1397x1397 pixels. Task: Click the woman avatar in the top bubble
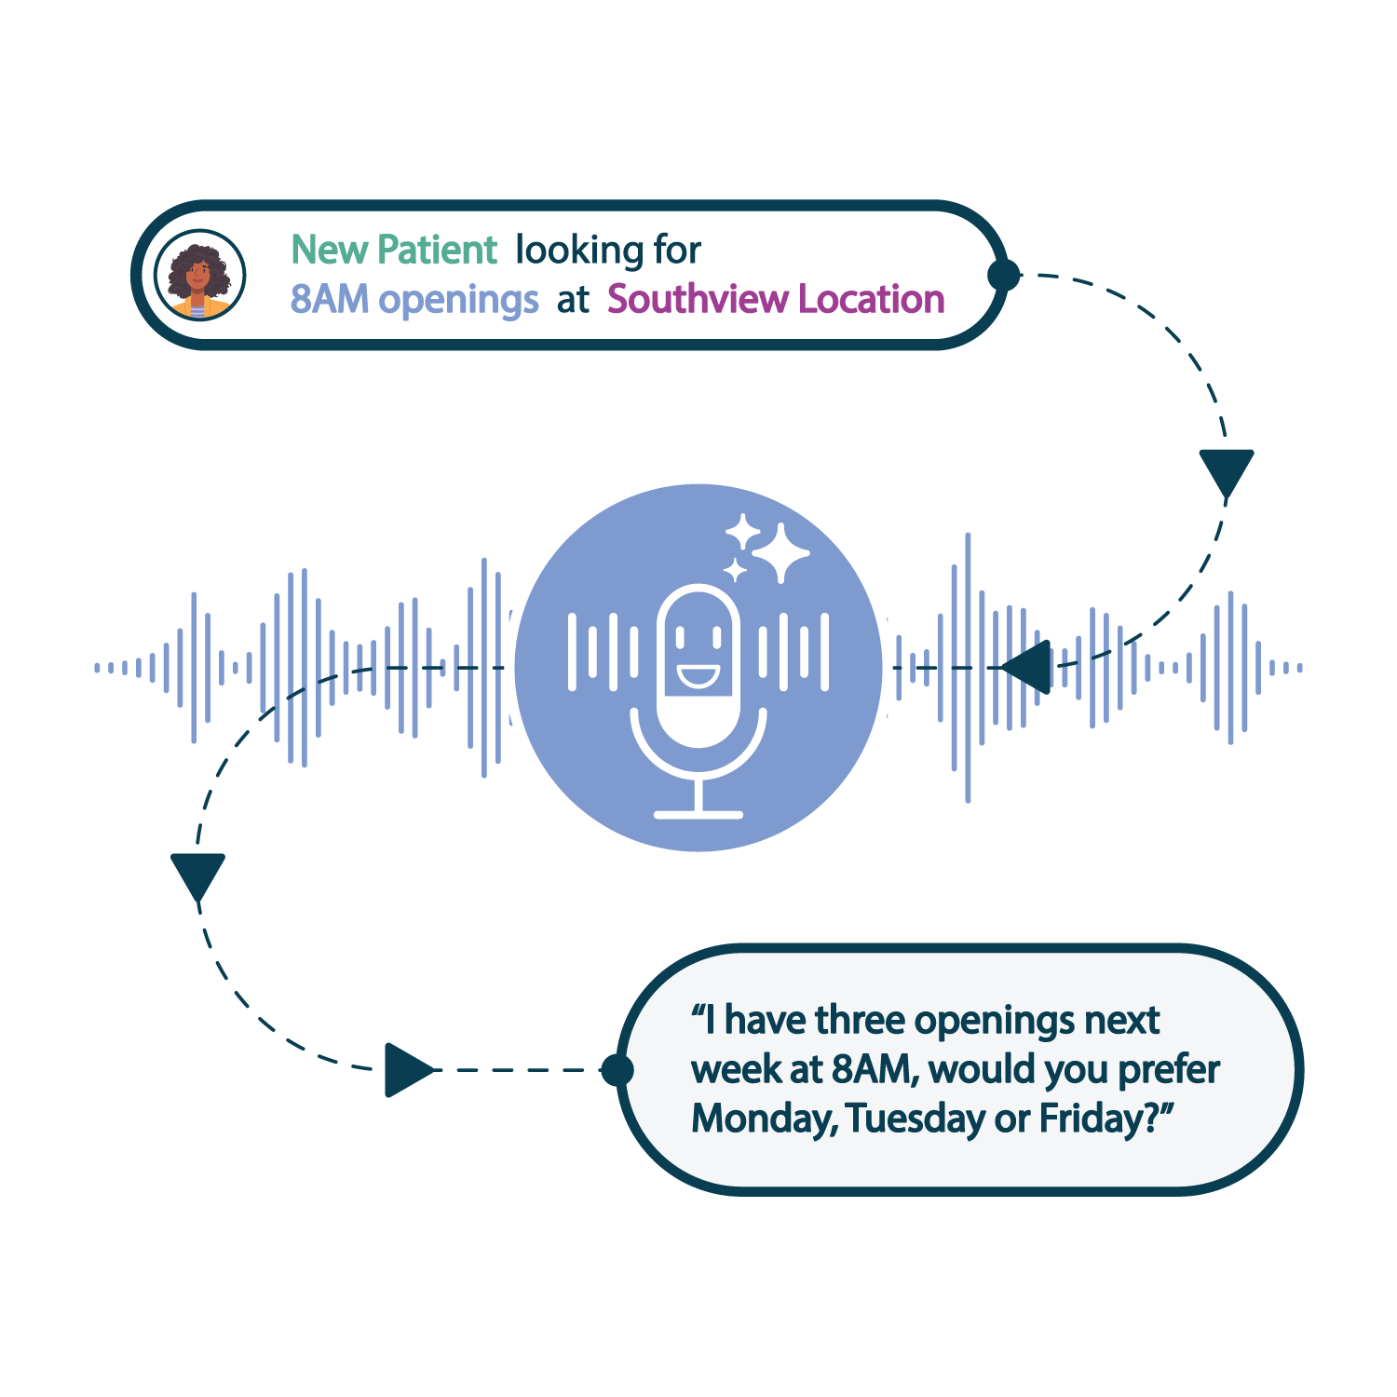click(x=199, y=276)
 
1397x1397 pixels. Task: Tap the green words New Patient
click(x=394, y=251)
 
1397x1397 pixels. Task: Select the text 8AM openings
click(x=414, y=300)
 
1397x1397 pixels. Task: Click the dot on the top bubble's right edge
click(x=1004, y=275)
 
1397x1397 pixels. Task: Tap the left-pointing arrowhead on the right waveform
click(x=1029, y=667)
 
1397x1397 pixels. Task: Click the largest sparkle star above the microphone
click(x=780, y=553)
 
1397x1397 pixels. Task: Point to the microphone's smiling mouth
click(x=698, y=674)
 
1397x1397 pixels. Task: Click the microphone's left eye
click(x=680, y=637)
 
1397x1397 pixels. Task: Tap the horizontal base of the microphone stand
click(x=698, y=815)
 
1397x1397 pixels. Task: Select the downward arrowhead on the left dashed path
click(x=197, y=875)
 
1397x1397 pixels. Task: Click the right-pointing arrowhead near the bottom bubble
click(x=407, y=1069)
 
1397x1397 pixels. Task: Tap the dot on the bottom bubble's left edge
click(x=617, y=1070)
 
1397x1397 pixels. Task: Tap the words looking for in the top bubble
click(x=607, y=251)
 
